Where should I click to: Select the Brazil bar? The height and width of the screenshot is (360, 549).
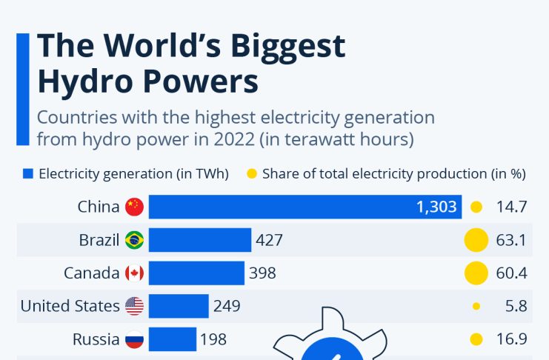point(200,240)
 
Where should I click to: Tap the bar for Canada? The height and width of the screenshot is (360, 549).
point(196,273)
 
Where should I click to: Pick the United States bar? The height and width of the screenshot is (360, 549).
point(179,306)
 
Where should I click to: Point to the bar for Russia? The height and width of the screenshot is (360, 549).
point(172,339)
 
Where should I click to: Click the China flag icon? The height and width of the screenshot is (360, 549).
point(134,207)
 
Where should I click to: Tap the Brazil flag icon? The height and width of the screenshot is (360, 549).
point(134,240)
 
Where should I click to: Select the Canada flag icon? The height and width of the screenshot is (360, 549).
point(134,273)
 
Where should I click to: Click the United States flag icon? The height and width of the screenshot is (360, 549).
point(134,306)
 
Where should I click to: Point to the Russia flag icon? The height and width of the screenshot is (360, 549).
point(134,339)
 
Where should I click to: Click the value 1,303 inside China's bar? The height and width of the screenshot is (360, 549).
point(436,207)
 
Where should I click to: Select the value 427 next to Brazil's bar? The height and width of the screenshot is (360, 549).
point(269,240)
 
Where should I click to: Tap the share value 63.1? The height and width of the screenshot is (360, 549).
point(511,240)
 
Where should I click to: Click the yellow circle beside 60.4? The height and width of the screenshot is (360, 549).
point(476,273)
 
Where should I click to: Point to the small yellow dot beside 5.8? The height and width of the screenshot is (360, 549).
point(476,306)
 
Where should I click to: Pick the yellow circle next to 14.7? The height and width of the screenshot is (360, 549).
point(476,207)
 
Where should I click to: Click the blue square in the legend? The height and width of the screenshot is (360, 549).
point(28,174)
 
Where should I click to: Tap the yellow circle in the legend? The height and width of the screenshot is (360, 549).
point(252,174)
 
